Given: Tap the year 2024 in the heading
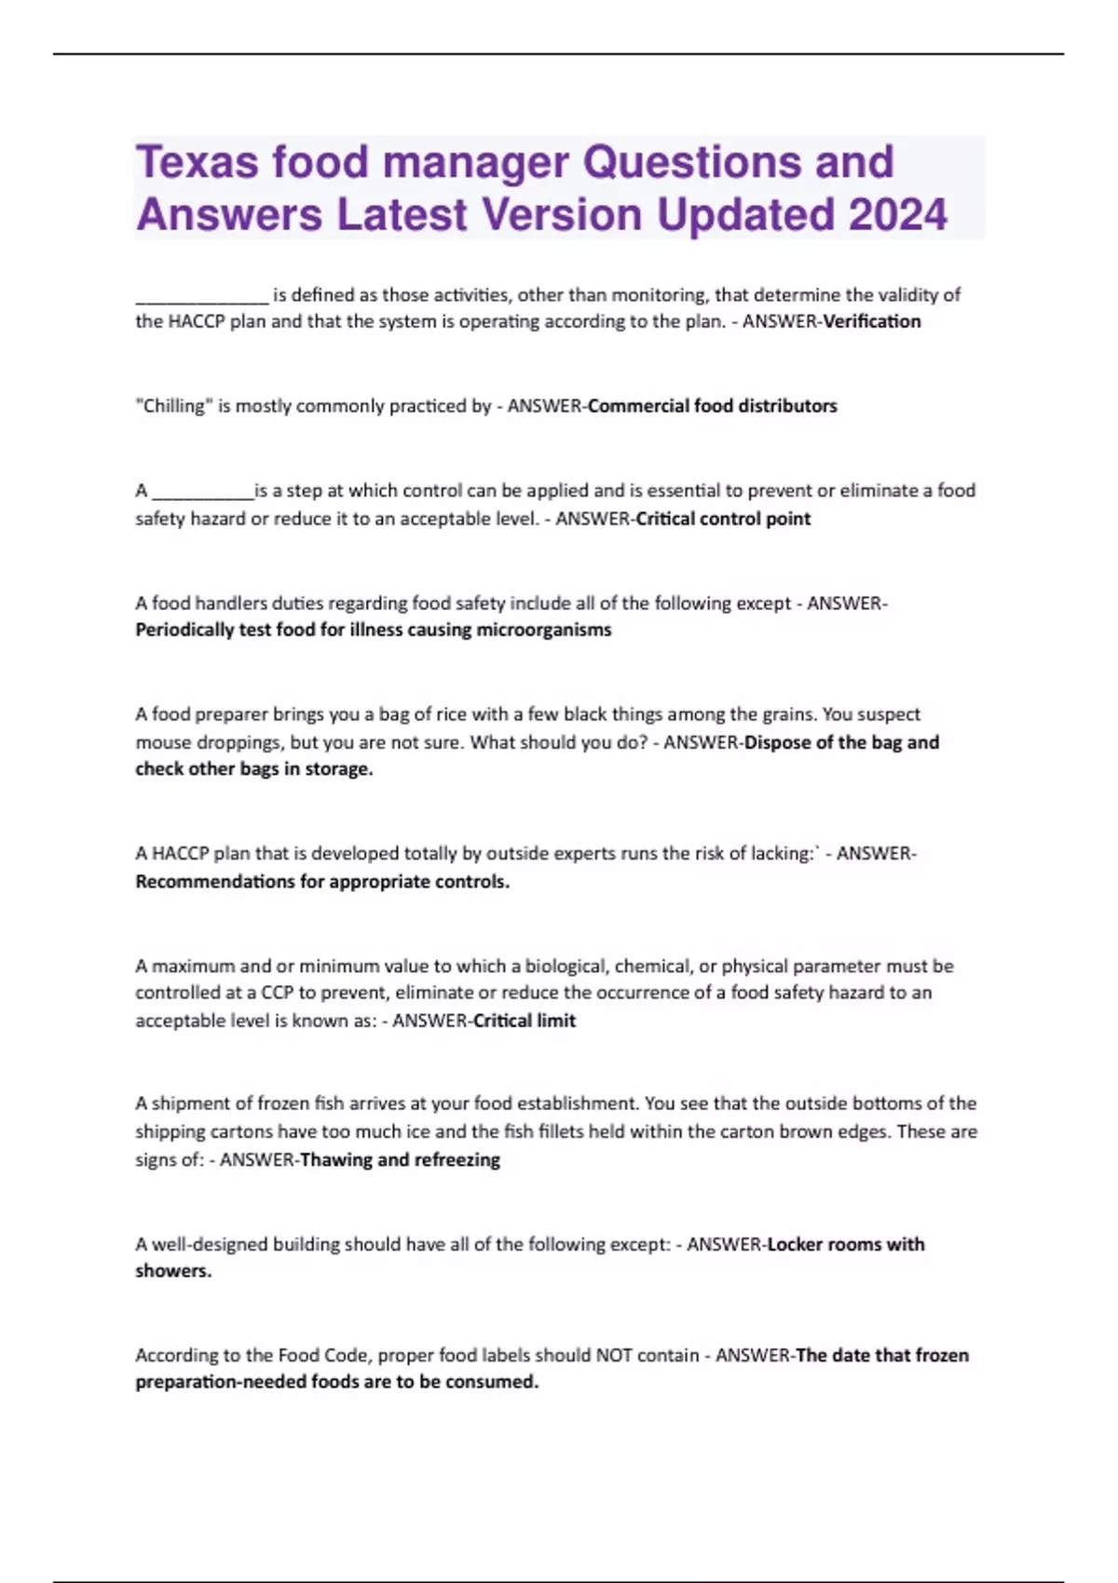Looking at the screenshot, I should point(898,215).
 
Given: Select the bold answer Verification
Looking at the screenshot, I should point(872,322).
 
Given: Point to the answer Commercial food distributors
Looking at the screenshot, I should point(713,406).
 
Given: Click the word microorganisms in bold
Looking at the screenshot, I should point(544,630).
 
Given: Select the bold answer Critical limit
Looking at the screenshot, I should point(525,1021).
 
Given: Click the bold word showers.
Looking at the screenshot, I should point(173,1271).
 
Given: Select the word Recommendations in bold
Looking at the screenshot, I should point(215,882).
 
